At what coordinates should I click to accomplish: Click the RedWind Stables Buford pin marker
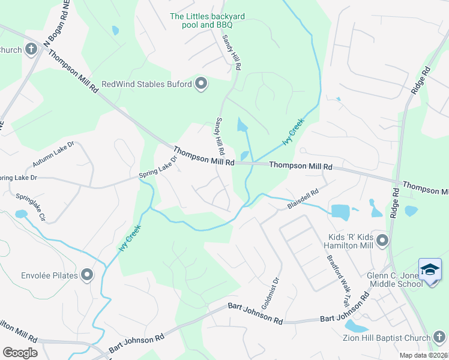click(x=201, y=84)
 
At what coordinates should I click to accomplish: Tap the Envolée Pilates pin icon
click(x=88, y=275)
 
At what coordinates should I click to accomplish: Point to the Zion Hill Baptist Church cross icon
click(x=439, y=338)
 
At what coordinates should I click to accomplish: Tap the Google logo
click(x=20, y=353)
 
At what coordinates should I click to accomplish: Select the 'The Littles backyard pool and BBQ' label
click(x=200, y=21)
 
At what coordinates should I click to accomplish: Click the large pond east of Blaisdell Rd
click(x=340, y=212)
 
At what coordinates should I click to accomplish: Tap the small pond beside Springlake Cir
click(x=21, y=214)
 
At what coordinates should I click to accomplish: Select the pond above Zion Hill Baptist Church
click(x=357, y=326)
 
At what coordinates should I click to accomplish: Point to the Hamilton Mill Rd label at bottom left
click(x=18, y=334)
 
